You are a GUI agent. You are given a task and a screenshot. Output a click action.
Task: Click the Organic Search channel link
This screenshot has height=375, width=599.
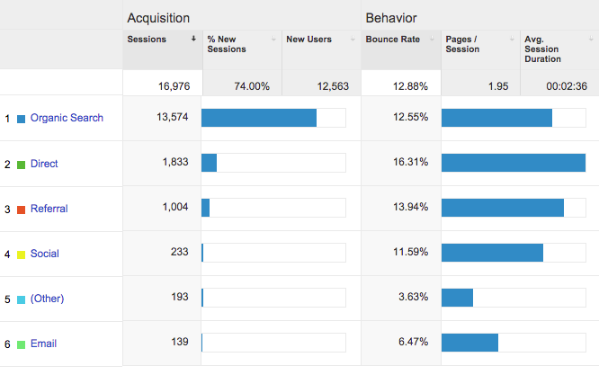point(67,118)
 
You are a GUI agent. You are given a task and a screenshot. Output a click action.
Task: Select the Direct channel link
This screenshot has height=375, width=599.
point(44,164)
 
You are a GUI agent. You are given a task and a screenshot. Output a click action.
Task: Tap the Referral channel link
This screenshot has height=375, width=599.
point(49,209)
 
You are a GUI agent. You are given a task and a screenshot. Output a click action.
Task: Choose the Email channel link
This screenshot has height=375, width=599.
point(44,344)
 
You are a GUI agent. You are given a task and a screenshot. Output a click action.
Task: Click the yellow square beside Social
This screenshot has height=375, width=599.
point(21,254)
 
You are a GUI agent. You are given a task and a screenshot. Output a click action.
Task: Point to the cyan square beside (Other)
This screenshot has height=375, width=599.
point(21,299)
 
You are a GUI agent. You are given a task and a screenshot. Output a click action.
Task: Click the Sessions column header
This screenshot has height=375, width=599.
point(147,40)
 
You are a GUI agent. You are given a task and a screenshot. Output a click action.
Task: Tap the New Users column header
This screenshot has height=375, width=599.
point(308,40)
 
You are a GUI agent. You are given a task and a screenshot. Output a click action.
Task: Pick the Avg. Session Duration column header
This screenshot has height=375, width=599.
point(542,49)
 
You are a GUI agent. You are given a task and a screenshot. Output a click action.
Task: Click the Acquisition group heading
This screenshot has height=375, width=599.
point(157,18)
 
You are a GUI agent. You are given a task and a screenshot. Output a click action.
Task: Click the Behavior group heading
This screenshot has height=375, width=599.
point(391,18)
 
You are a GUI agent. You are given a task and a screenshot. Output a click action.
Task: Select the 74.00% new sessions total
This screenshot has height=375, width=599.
point(251,86)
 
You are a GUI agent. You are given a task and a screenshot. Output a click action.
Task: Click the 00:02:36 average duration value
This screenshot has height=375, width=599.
point(567,86)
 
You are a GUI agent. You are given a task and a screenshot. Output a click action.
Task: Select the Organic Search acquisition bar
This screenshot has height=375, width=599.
point(259,118)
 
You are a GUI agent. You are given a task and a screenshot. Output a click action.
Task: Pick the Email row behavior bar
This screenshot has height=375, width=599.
point(469,343)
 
